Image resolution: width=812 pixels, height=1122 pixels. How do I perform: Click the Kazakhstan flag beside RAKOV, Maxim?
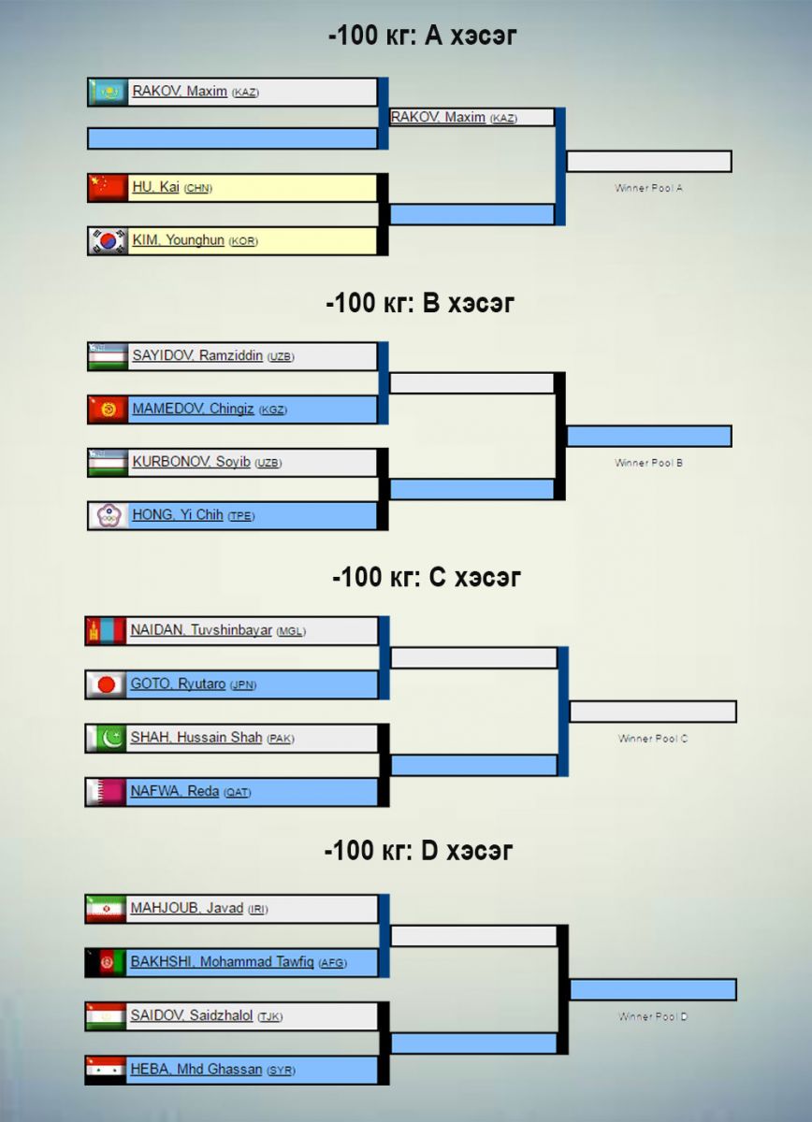pos(108,92)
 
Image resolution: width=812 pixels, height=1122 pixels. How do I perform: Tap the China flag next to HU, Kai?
pos(108,188)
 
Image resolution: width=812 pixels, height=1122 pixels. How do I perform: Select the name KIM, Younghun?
pos(178,240)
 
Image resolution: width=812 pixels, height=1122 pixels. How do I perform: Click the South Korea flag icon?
pos(108,241)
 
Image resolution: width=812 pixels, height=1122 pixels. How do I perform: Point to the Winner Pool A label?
pos(648,188)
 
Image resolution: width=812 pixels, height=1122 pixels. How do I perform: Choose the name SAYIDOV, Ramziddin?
pos(197,356)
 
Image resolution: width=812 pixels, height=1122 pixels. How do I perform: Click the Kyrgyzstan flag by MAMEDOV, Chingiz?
pos(108,410)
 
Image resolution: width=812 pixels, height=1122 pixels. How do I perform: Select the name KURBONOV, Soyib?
pos(192,462)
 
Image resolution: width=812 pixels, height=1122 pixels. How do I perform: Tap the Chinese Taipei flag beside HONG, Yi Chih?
pos(108,515)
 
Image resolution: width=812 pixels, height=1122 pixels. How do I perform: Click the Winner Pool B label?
pos(648,463)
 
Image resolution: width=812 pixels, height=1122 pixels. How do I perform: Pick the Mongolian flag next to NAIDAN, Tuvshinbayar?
pos(106,631)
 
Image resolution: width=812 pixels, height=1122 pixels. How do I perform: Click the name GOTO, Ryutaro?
pos(178,684)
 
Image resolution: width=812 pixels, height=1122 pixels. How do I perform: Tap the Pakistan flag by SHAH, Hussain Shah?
pos(106,739)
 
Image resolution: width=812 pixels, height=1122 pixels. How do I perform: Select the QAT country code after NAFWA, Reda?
pos(237,792)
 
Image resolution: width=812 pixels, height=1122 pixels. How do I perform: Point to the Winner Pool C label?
pos(653,739)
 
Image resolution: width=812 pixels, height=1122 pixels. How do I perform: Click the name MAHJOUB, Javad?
pos(186,909)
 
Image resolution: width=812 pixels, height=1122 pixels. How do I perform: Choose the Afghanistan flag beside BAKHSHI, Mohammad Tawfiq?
pos(106,963)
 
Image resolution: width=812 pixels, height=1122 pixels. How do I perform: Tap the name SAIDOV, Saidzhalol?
pos(192,1015)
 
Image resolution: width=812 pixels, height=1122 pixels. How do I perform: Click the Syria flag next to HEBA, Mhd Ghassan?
pos(106,1070)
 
